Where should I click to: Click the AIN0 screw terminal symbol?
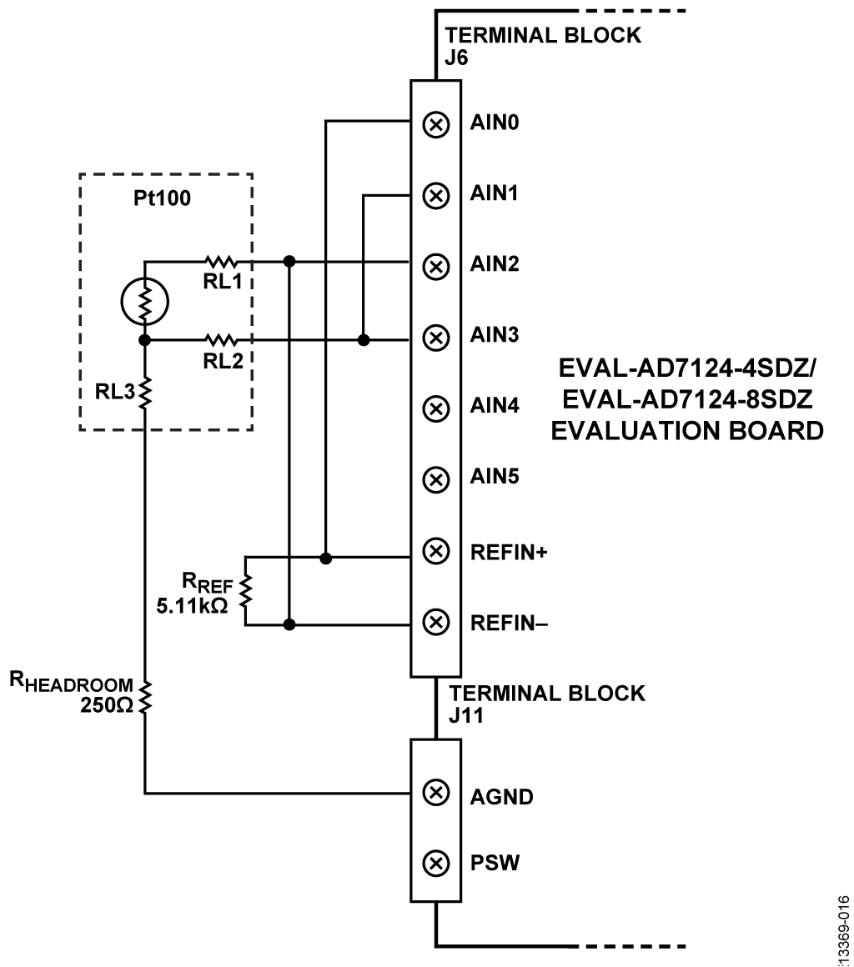click(x=435, y=125)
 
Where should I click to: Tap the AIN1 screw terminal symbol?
click(x=435, y=196)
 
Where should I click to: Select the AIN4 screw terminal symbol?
click(x=435, y=408)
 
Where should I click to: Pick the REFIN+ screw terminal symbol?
click(x=435, y=550)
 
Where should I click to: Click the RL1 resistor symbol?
click(x=221, y=261)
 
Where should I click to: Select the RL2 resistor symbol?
click(x=221, y=340)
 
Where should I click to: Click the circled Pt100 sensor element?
click(x=145, y=299)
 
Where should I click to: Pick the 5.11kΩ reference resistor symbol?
click(x=245, y=590)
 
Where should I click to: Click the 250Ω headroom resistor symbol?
click(x=145, y=697)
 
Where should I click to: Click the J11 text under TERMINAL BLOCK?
click(x=461, y=714)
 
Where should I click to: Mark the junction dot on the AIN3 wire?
click(x=364, y=340)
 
